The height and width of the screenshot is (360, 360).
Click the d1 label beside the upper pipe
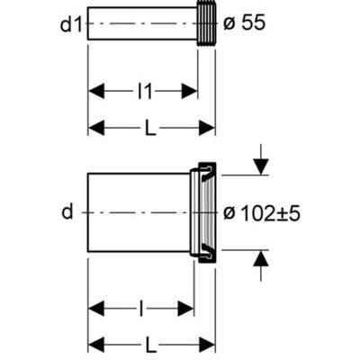[71, 24]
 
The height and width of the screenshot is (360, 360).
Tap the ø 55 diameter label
[245, 23]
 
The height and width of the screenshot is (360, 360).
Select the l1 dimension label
[145, 92]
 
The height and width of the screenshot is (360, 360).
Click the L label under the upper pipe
[150, 128]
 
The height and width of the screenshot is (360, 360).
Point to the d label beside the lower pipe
[67, 212]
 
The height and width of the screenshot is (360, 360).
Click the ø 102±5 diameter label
[262, 213]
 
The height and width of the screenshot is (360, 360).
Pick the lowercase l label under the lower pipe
[141, 308]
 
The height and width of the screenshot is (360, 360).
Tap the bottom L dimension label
[150, 345]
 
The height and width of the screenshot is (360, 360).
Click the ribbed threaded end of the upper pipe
[206, 24]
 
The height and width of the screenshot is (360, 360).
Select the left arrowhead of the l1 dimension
[96, 92]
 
